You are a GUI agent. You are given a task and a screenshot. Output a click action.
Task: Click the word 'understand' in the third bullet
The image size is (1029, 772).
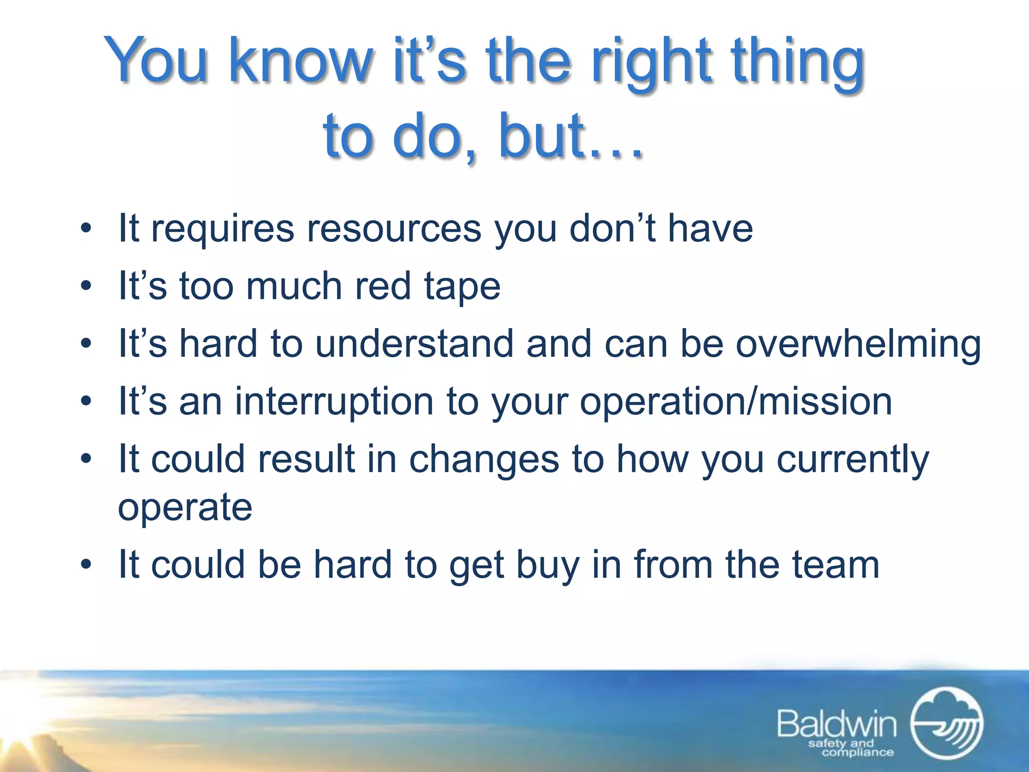(415, 344)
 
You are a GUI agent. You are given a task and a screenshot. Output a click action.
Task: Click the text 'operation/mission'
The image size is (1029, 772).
(736, 402)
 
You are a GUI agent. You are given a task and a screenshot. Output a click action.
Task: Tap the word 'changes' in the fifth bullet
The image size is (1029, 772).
(484, 460)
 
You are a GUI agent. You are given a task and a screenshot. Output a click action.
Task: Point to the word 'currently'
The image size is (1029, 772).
(853, 460)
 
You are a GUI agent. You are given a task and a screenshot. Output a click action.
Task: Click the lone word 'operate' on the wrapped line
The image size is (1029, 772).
(185, 508)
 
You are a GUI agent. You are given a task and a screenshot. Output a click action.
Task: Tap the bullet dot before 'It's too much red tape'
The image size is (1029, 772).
(86, 286)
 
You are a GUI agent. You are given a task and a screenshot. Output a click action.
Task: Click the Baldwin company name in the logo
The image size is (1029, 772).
(837, 724)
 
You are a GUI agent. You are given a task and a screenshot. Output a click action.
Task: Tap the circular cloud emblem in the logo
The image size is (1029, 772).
(946, 723)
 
